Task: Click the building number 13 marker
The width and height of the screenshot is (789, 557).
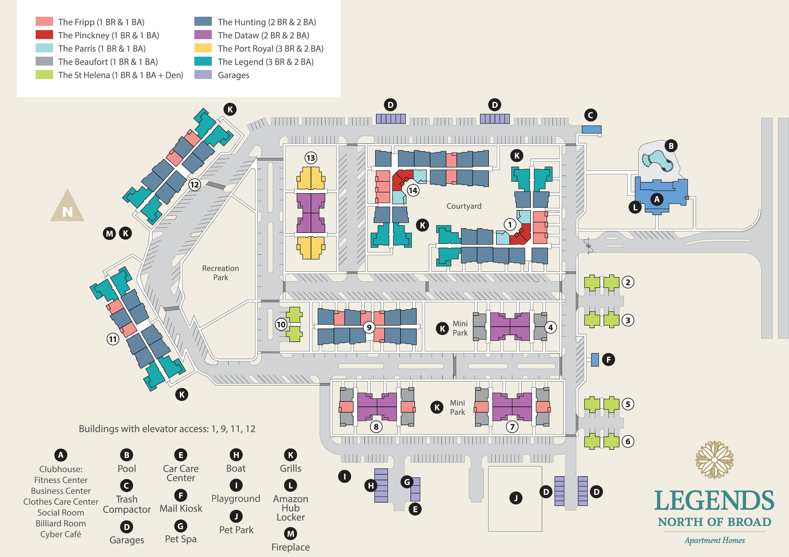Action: click(311, 158)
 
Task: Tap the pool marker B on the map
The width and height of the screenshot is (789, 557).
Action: click(671, 146)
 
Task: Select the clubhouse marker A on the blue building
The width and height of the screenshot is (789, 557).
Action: click(657, 199)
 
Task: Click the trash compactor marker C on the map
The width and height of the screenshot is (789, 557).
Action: click(590, 115)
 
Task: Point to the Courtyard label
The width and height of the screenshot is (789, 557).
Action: click(464, 206)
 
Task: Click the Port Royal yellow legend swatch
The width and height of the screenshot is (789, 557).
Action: click(203, 48)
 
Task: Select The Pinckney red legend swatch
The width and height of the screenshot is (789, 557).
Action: click(44, 35)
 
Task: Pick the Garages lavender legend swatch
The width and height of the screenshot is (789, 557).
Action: click(203, 75)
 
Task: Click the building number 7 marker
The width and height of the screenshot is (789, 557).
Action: click(512, 427)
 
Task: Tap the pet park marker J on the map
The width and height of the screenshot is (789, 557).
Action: click(515, 498)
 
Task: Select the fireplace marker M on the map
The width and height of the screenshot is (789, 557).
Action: click(109, 234)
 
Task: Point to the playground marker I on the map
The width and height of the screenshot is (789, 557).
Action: click(344, 477)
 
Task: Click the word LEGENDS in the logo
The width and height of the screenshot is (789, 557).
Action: click(714, 501)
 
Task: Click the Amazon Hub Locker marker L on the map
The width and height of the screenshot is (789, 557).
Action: click(635, 207)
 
